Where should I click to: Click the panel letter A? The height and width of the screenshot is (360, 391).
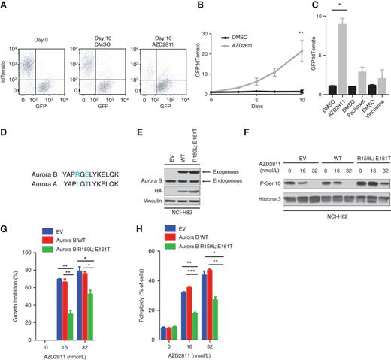[x=5, y=6]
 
